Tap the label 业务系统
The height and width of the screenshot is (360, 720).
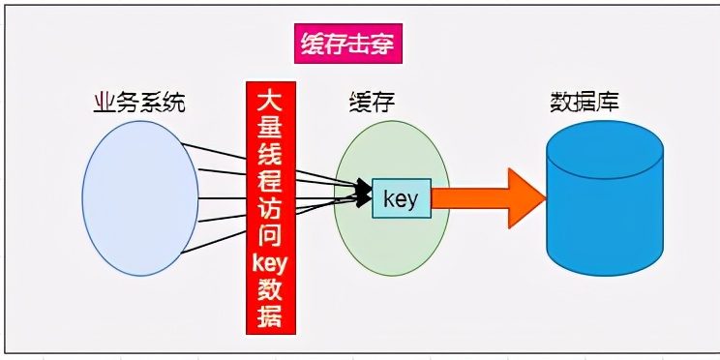[138, 101]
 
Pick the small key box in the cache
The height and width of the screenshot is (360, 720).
[400, 198]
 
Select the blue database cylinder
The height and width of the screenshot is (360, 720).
[604, 203]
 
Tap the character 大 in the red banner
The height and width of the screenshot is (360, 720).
[271, 100]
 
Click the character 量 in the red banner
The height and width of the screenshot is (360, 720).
[271, 127]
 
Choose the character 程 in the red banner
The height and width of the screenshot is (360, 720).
[271, 181]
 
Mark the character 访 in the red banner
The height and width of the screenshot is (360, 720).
[271, 208]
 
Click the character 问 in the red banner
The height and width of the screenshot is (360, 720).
[271, 235]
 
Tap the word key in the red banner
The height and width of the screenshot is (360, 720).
[271, 261]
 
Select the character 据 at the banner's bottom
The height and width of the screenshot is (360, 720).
[271, 315]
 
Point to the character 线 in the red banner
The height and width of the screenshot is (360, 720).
[271, 154]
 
